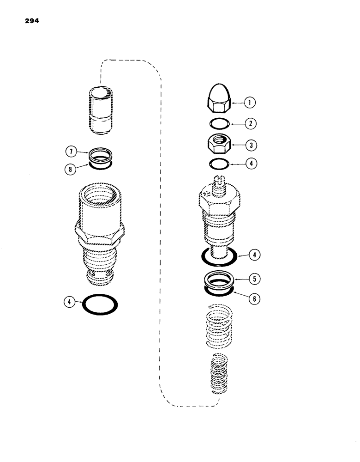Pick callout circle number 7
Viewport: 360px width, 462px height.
[x=71, y=151]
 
